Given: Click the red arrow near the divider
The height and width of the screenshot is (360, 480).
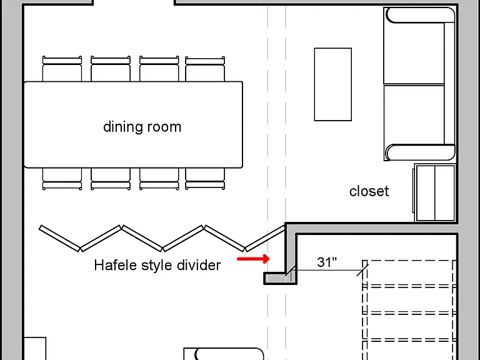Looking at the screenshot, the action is pyautogui.click(x=253, y=259).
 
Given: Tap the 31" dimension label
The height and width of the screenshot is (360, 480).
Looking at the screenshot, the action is pyautogui.click(x=327, y=262).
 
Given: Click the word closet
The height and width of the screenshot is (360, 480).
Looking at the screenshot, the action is pyautogui.click(x=369, y=191).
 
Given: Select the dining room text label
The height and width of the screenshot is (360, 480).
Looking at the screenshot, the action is pyautogui.click(x=142, y=127).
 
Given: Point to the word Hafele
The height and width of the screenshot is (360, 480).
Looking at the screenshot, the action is pyautogui.click(x=116, y=265).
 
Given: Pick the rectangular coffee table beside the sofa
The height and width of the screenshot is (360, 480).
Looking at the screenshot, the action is pyautogui.click(x=332, y=84).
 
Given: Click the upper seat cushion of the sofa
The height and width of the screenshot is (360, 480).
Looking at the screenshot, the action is pyautogui.click(x=414, y=53).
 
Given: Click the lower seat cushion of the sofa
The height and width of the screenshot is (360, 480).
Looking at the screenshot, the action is pyautogui.click(x=414, y=114).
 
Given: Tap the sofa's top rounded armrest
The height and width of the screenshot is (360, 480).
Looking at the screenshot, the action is pyautogui.click(x=420, y=15).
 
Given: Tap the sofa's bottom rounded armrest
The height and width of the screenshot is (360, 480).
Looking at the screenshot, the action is pyautogui.click(x=420, y=152).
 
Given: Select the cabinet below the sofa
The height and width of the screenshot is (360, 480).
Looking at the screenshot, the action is pyautogui.click(x=434, y=192).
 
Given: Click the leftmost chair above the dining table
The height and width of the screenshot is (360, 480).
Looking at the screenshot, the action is pyautogui.click(x=62, y=69).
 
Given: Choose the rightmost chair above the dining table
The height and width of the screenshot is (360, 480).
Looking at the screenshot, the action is pyautogui.click(x=205, y=69).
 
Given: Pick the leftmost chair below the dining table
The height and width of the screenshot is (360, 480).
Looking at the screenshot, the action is pyautogui.click(x=62, y=179).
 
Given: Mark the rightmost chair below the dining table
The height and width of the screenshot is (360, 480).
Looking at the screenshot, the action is pyautogui.click(x=205, y=179).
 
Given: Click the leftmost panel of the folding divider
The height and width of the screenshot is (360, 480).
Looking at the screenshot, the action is pyautogui.click(x=60, y=239).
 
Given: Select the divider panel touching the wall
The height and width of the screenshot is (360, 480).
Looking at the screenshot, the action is pyautogui.click(x=265, y=239).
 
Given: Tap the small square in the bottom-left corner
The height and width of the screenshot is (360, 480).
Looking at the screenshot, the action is pyautogui.click(x=34, y=349).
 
